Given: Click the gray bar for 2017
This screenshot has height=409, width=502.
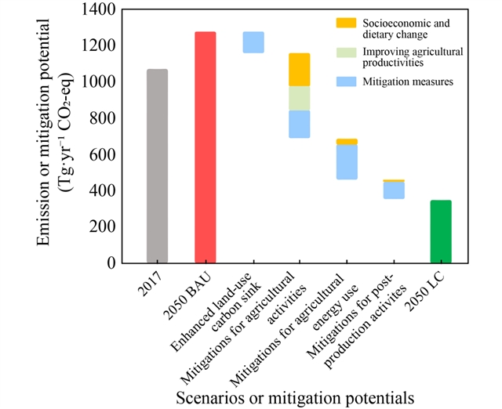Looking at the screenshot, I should (x=157, y=166).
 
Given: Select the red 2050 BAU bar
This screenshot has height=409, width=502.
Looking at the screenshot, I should (x=205, y=147).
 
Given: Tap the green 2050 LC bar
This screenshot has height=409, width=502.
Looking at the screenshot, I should (x=441, y=231).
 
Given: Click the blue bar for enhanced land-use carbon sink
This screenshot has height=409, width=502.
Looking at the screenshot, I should (x=253, y=42).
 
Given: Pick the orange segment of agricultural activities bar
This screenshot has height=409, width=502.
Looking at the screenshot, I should (x=300, y=70).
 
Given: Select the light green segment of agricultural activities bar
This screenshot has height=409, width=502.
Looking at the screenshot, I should (x=300, y=98).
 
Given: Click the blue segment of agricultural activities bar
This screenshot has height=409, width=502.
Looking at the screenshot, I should (x=300, y=124).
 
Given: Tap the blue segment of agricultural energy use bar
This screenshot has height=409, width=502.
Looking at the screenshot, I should (x=347, y=162).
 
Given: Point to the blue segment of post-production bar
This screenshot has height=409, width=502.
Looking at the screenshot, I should (x=394, y=190).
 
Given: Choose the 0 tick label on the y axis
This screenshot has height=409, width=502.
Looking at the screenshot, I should (x=113, y=263).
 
